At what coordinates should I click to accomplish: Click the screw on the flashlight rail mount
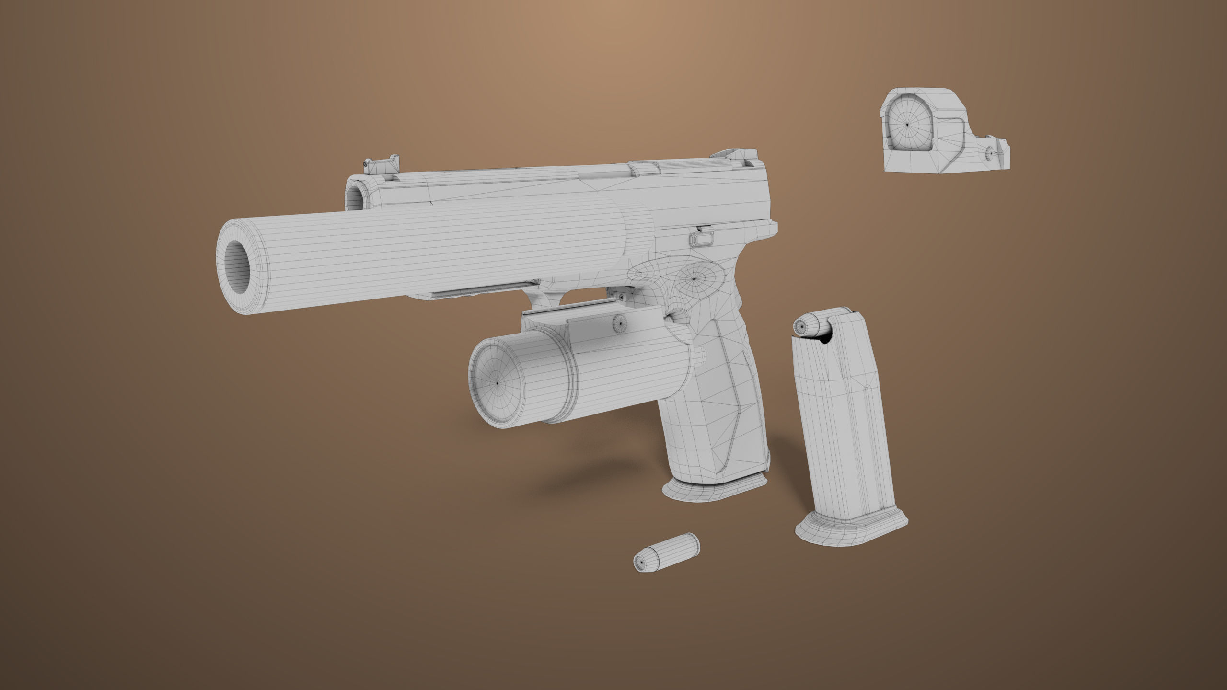(618, 324)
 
